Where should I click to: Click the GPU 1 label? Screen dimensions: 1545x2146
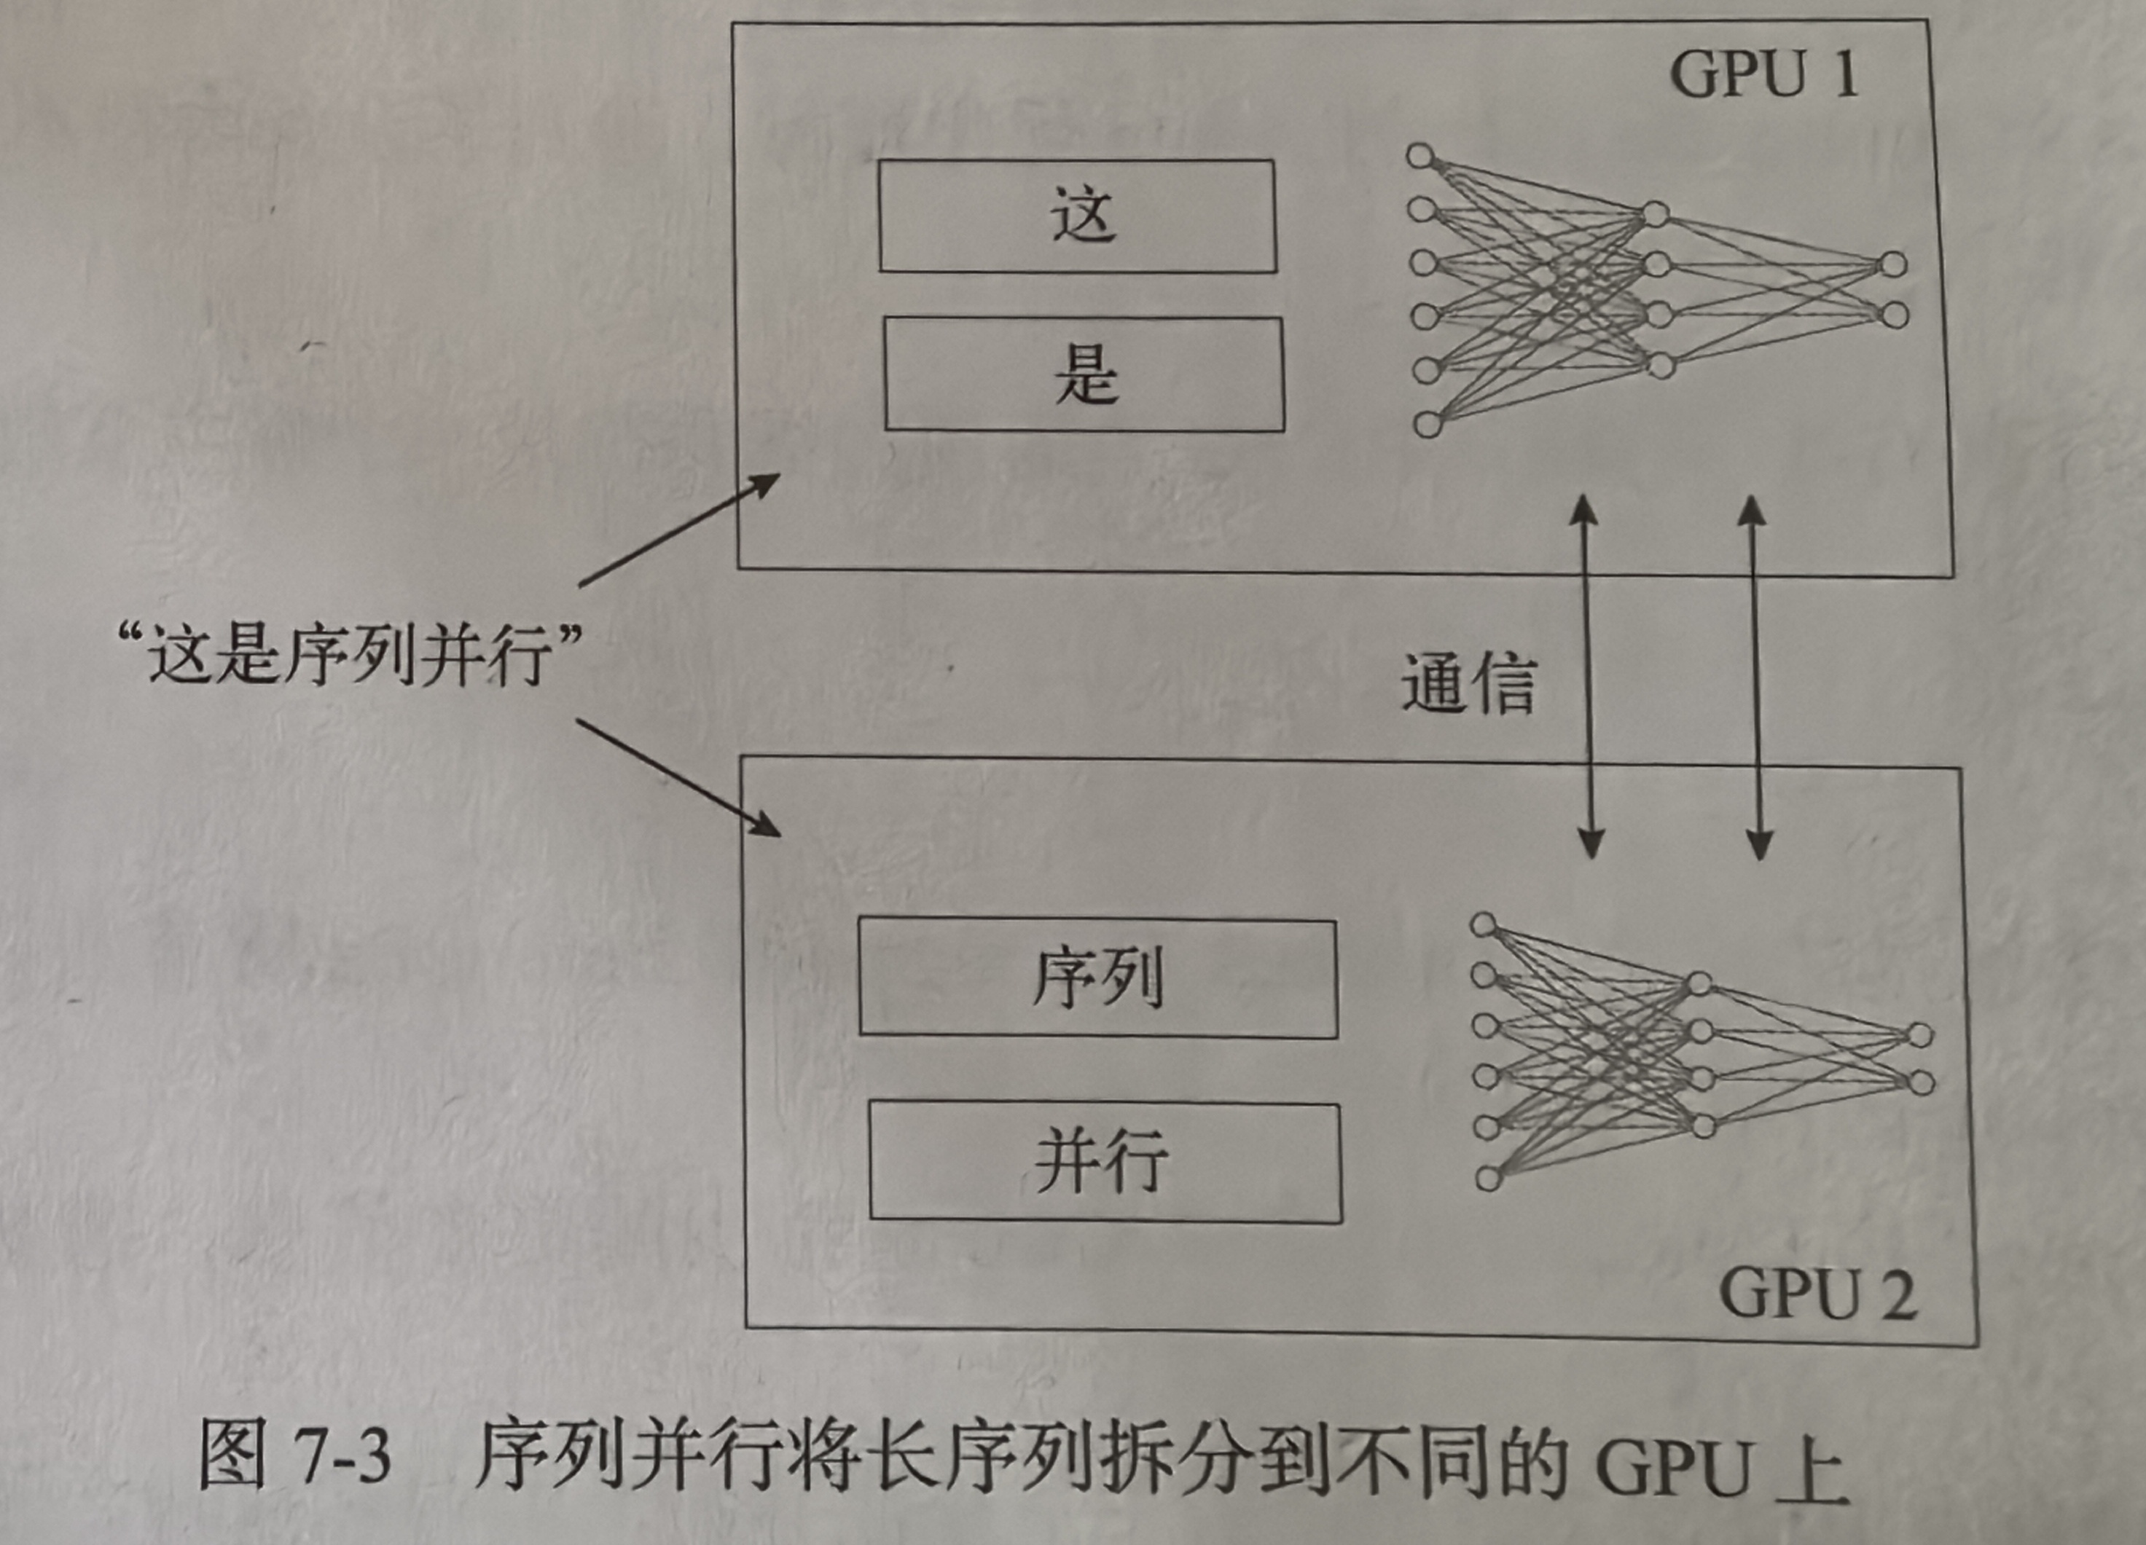pyautogui.click(x=1763, y=75)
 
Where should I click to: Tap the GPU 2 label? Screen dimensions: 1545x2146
pyautogui.click(x=1817, y=1295)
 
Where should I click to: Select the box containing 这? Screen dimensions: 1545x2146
pyautogui.click(x=1078, y=216)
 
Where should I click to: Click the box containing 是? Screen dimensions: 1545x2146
pyautogui.click(x=1084, y=374)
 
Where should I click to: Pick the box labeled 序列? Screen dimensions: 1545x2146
pyautogui.click(x=1097, y=979)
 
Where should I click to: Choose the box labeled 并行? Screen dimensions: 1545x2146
pyautogui.click(x=1105, y=1163)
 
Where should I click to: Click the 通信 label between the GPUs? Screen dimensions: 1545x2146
pyautogui.click(x=1468, y=682)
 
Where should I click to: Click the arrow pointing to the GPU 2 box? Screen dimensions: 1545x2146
pyautogui.click(x=678, y=778)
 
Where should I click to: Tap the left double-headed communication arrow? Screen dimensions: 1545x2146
pyautogui.click(x=1587, y=677)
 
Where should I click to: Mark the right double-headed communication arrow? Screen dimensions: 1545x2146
pyautogui.click(x=1755, y=677)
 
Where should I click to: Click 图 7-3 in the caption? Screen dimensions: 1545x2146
pyautogui.click(x=294, y=1456)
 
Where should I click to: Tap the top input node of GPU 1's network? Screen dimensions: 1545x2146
pyautogui.click(x=1419, y=156)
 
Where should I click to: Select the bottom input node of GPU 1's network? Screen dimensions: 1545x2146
pyautogui.click(x=1428, y=424)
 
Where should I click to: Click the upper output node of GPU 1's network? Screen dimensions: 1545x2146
pyautogui.click(x=1892, y=264)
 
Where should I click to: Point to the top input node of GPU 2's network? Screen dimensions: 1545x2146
pyautogui.click(x=1484, y=924)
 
